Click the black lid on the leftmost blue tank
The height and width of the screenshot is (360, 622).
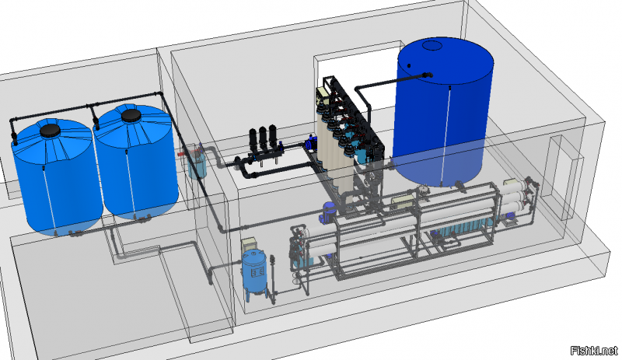[x=51, y=131]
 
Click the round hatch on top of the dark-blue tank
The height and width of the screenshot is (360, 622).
[x=432, y=45]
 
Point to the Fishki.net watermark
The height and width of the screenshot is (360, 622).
[x=594, y=351]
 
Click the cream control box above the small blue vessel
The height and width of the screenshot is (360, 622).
[x=250, y=243]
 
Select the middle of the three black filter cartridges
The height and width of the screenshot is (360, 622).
[x=263, y=138]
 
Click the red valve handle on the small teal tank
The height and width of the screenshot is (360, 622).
[x=181, y=153]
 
